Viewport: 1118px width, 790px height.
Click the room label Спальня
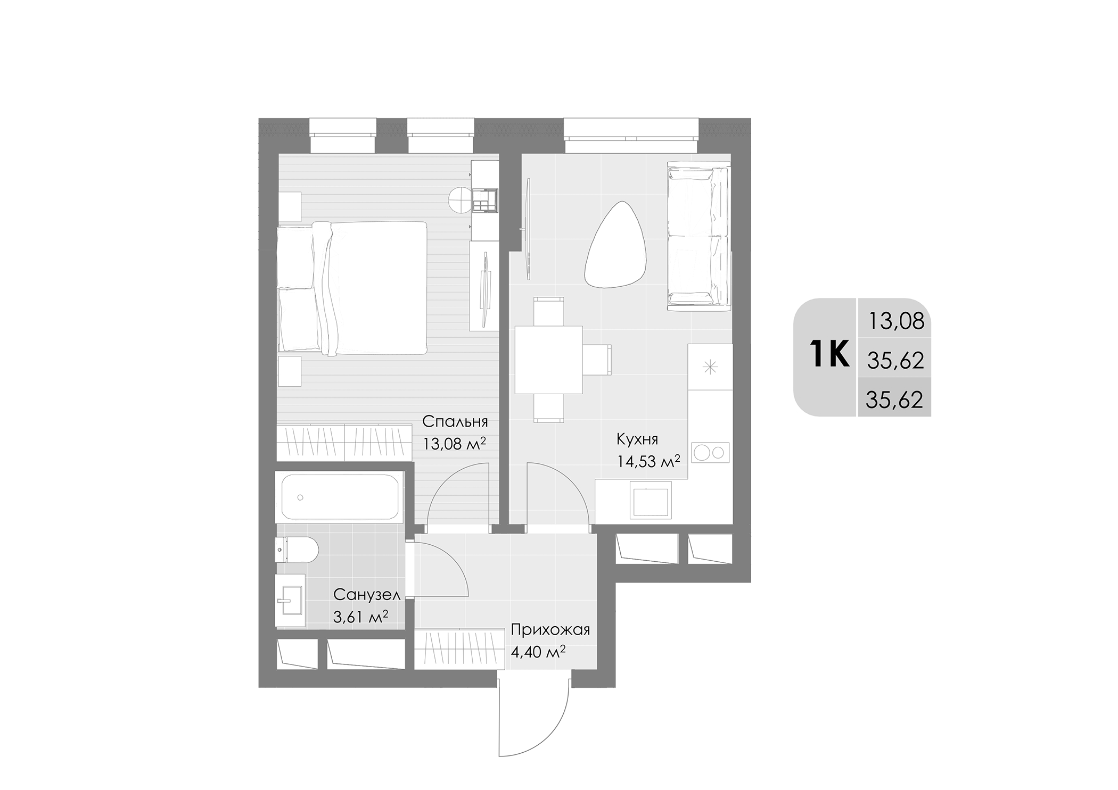pyautogui.click(x=455, y=422)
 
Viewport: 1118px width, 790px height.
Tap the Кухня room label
pyautogui.click(x=637, y=439)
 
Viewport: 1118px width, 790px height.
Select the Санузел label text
pyautogui.click(x=366, y=594)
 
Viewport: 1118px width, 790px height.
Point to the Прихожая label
pyautogui.click(x=550, y=630)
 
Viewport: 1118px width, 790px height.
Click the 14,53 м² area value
pyautogui.click(x=648, y=461)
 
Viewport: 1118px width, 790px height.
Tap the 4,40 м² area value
pyautogui.click(x=538, y=652)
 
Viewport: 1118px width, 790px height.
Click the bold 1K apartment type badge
pyautogui.click(x=829, y=355)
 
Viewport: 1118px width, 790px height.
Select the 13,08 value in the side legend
pyautogui.click(x=896, y=321)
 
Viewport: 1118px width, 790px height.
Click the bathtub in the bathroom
pyautogui.click(x=340, y=497)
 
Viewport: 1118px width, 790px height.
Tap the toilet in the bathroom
pyautogui.click(x=297, y=550)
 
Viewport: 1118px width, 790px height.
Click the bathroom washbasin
pyautogui.click(x=290, y=600)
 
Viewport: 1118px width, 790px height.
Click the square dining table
pyautogui.click(x=548, y=360)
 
